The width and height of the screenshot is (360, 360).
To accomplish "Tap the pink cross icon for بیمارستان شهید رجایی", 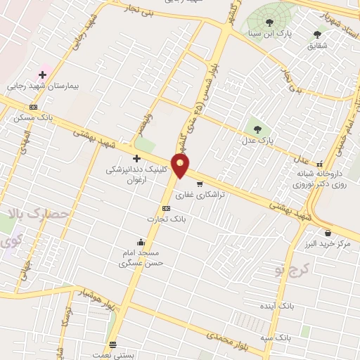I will [x=43, y=74].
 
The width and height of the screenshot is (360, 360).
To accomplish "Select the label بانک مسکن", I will [x=29, y=118].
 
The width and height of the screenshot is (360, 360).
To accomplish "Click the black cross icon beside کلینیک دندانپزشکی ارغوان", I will [x=136, y=159].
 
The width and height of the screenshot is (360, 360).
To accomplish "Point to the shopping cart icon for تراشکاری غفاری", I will [x=200, y=184].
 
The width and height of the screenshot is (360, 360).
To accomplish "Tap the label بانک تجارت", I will [x=160, y=219].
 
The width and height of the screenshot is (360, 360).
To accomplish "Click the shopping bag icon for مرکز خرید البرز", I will [x=328, y=232].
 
